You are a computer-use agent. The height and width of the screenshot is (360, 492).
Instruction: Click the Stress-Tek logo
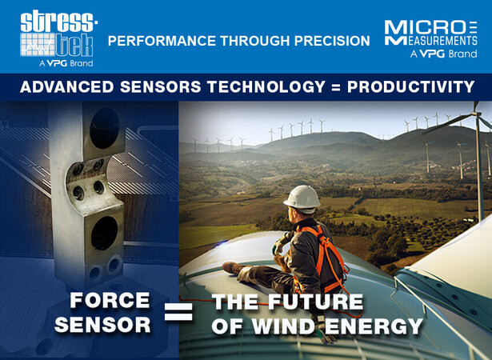point(59,38)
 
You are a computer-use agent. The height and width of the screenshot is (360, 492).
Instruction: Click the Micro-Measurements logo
point(431,39)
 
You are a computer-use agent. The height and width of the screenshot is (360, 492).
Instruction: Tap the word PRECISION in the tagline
point(332,41)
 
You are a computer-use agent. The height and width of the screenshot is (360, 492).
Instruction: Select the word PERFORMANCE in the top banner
point(162,41)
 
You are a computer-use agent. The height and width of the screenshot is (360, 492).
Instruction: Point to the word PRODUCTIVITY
point(411,87)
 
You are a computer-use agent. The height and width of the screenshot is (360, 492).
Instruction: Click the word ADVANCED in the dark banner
point(66,87)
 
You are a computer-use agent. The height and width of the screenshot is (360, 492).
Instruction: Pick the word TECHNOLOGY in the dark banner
point(266,87)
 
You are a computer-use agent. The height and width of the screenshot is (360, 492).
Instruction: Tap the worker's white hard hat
point(302,198)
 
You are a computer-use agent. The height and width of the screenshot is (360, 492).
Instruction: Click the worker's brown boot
point(234,268)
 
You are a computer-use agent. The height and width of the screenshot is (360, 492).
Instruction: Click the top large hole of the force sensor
point(104,128)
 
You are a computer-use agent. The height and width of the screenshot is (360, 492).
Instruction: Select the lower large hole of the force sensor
point(105,233)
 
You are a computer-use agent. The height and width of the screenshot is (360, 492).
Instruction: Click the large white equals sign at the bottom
point(178,311)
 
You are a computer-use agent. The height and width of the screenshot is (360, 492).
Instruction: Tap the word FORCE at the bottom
point(110,300)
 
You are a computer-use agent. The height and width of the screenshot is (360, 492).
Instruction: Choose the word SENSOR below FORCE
point(102,325)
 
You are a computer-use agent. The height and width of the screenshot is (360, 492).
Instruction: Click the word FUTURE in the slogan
point(316,302)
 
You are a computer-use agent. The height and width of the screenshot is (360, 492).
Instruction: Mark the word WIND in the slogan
point(283,326)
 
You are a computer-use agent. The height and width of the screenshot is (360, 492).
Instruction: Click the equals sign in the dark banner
point(336,87)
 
